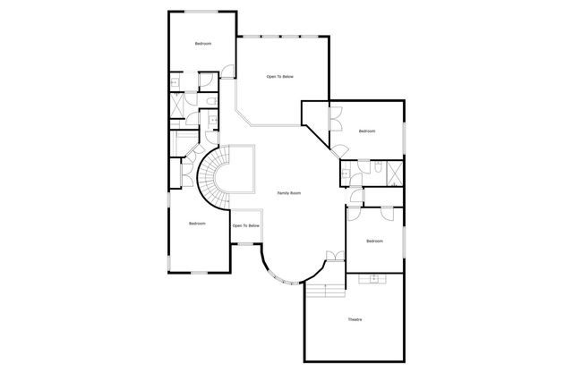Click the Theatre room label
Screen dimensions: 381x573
pos(355,319)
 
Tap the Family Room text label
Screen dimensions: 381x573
pos(288,193)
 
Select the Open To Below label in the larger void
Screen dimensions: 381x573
pos(279,77)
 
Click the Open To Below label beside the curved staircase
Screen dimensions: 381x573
pos(246,225)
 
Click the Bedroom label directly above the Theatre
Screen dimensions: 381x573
pos(374,241)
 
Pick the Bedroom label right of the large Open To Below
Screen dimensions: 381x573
pos(367,131)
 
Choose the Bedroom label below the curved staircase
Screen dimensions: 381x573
pos(197,223)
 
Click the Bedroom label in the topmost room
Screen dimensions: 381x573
pos(203,43)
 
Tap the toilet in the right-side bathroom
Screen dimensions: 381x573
pos(378,166)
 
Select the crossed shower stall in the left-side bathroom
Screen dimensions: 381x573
pos(177,105)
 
